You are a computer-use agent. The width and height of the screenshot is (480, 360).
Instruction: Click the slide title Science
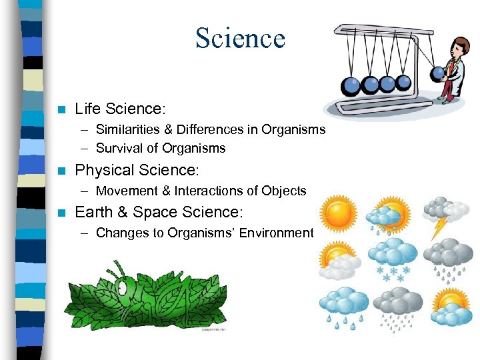coord(240,38)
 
